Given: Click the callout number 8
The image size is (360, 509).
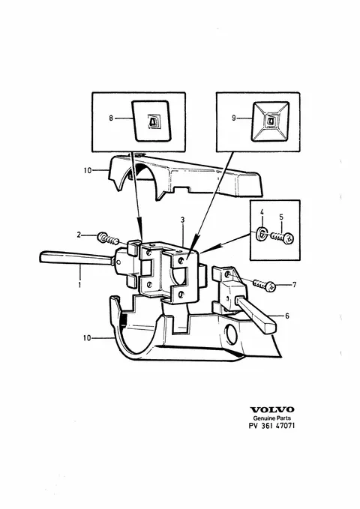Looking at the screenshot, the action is point(111,118).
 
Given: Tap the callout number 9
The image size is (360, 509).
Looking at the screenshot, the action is point(233,118).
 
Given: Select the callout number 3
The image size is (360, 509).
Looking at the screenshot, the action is point(182,220).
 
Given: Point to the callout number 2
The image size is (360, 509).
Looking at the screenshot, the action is point(79,235).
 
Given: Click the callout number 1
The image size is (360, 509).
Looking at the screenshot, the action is point(79,285).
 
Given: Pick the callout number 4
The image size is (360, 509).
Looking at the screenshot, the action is point(262,212).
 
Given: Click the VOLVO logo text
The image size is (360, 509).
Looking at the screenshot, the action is point(272,409).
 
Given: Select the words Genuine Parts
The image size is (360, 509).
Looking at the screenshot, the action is point(272,418).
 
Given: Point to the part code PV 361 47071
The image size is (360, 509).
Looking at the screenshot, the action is point(272,426).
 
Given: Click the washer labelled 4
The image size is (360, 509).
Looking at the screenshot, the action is point(262,234).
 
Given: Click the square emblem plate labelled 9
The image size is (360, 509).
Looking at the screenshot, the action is point(271,121).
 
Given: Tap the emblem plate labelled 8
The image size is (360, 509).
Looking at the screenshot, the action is point(151,121).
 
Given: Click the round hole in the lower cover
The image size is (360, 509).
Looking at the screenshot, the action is point(232,334).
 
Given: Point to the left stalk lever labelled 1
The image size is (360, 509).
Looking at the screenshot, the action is point(76,259).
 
